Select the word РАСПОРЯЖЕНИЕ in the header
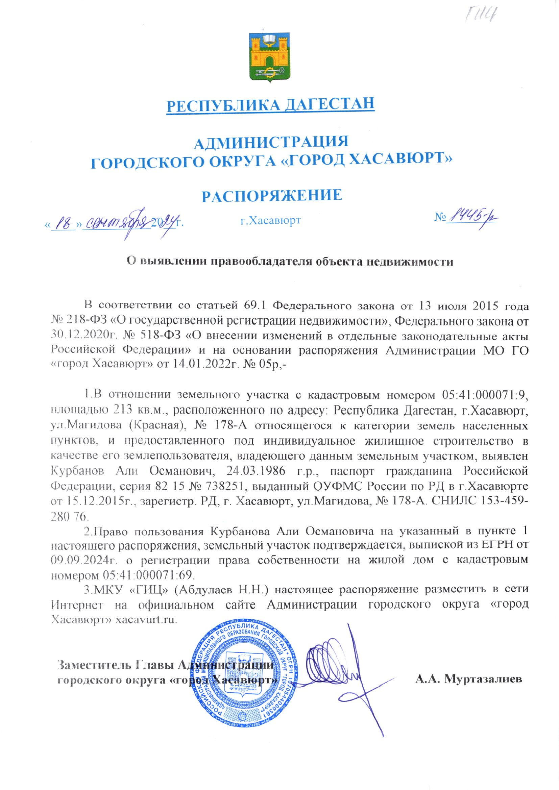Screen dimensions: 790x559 coord(272,195)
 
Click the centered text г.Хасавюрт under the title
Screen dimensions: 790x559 coord(271,220)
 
